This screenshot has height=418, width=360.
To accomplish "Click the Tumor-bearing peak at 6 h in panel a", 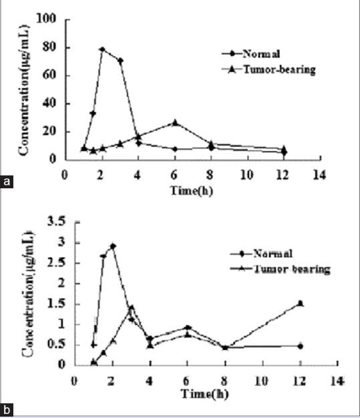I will (175, 123).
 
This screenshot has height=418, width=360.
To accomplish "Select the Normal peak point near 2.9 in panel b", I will (113, 246).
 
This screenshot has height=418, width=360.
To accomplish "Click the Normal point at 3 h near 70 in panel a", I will (120, 61).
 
